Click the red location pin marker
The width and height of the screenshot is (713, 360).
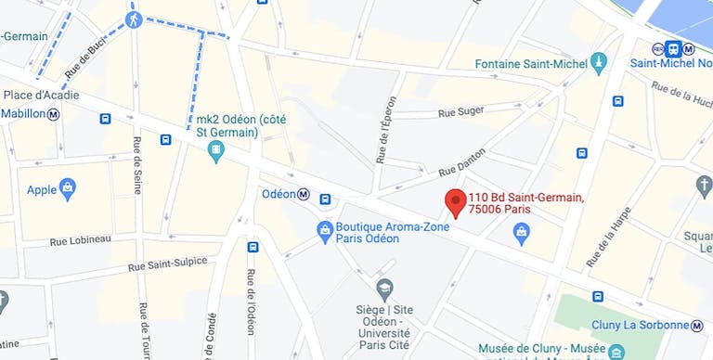pos(455,202)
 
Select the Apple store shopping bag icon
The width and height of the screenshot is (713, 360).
pos(67,189)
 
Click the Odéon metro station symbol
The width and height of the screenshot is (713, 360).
pos(304,194)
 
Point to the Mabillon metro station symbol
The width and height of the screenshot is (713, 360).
pos(54,114)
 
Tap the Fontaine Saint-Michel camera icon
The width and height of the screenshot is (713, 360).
pos(599,64)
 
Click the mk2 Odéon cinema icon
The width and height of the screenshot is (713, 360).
pos(216,149)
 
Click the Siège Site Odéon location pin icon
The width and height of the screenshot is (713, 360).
pos(384,288)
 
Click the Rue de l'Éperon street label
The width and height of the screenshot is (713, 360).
pos(386,130)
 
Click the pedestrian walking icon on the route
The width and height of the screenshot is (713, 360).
pos(134,19)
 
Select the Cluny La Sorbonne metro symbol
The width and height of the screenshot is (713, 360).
pos(696,326)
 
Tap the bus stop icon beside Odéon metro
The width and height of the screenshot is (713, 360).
pos(325,199)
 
